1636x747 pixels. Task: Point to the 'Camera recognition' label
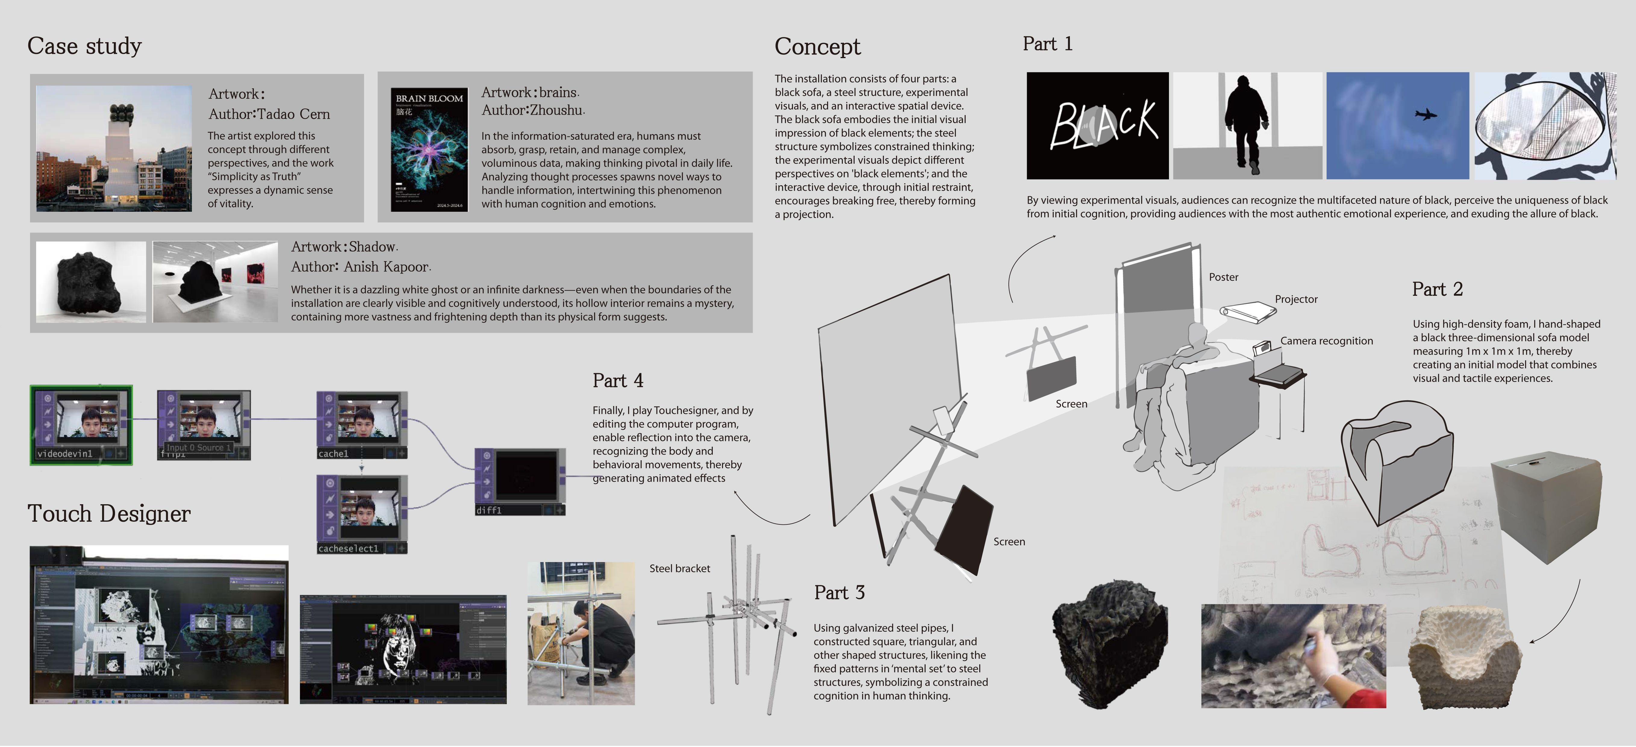coord(1326,341)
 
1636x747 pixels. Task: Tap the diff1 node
coord(519,482)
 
